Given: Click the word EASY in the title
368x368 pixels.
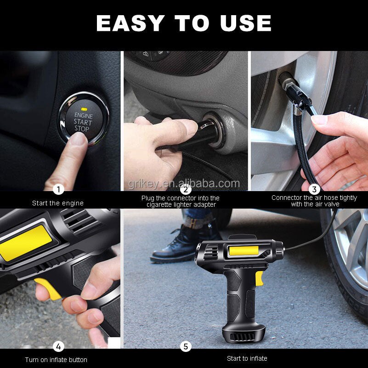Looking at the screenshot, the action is (x=130, y=23).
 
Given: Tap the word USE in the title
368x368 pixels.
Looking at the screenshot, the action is (x=246, y=23).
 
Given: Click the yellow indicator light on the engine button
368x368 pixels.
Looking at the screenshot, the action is (x=84, y=109).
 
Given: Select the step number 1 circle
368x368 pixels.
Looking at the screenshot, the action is (x=58, y=189).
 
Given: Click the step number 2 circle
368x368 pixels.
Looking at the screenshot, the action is (x=186, y=189).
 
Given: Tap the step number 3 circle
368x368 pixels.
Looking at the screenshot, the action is (x=314, y=189).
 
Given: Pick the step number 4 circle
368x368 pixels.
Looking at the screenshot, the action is (x=58, y=346).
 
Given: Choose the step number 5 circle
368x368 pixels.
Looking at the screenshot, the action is (x=186, y=346).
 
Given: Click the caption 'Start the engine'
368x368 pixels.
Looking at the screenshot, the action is (x=58, y=203).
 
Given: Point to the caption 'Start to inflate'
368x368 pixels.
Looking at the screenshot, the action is (x=247, y=358).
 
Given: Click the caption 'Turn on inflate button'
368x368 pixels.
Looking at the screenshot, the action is (x=56, y=360).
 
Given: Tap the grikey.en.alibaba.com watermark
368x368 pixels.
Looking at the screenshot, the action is (x=184, y=184).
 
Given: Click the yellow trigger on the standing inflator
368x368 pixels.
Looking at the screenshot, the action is (x=259, y=278).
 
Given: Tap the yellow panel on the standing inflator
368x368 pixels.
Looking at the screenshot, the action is (x=243, y=251).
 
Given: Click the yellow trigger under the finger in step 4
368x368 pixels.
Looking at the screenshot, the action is (x=48, y=289).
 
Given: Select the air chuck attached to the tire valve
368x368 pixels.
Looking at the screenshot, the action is (x=297, y=94).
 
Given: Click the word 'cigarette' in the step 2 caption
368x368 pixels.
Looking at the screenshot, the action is (x=159, y=204).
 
